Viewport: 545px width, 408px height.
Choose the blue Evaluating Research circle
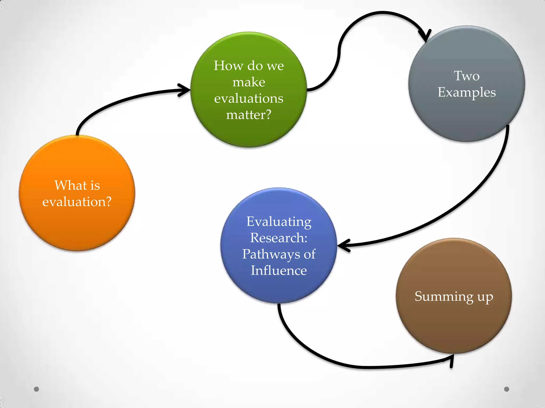point(279,290)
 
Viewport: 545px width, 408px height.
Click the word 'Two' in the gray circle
point(467,76)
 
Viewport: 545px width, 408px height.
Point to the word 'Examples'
point(467,92)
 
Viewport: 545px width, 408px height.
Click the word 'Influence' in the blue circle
point(279,270)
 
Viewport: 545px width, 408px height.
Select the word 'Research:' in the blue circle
point(279,238)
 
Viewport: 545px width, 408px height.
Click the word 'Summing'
point(444,296)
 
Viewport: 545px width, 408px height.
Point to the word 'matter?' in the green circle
point(249,115)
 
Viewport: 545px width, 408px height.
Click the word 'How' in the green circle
point(225,66)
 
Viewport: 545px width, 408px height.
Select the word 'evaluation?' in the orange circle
point(77,202)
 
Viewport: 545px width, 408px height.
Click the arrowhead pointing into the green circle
point(185,90)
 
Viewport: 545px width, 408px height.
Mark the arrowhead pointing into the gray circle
point(425,36)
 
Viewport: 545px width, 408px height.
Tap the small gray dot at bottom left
point(36,389)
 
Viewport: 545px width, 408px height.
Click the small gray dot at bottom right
point(507,389)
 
